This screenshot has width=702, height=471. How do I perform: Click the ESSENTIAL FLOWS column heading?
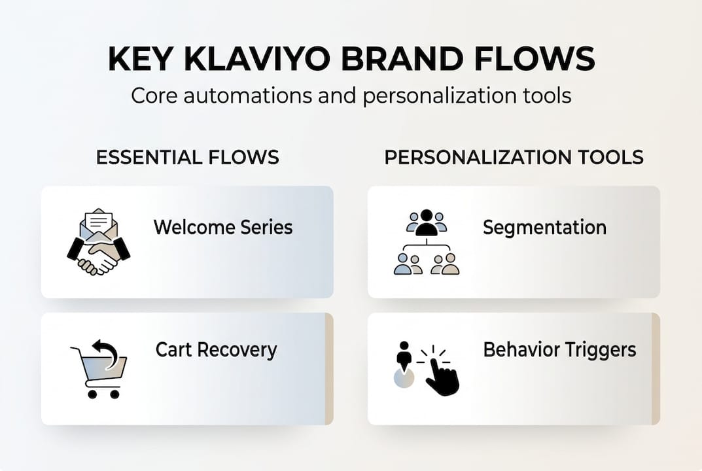[x=187, y=157]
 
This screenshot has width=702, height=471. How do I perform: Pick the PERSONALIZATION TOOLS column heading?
[x=514, y=157]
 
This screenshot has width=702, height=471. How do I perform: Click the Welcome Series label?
[x=223, y=227]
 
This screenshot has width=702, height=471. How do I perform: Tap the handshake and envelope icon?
[x=99, y=242]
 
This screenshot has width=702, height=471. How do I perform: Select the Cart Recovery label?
[x=216, y=349]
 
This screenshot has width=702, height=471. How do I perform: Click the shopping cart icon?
[x=100, y=373]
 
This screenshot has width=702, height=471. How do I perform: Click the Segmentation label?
[x=544, y=227]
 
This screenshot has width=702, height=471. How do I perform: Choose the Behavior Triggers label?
[x=559, y=349]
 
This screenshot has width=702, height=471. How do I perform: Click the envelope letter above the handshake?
[x=99, y=221]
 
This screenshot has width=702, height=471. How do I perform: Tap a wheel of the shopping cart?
[x=92, y=394]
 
